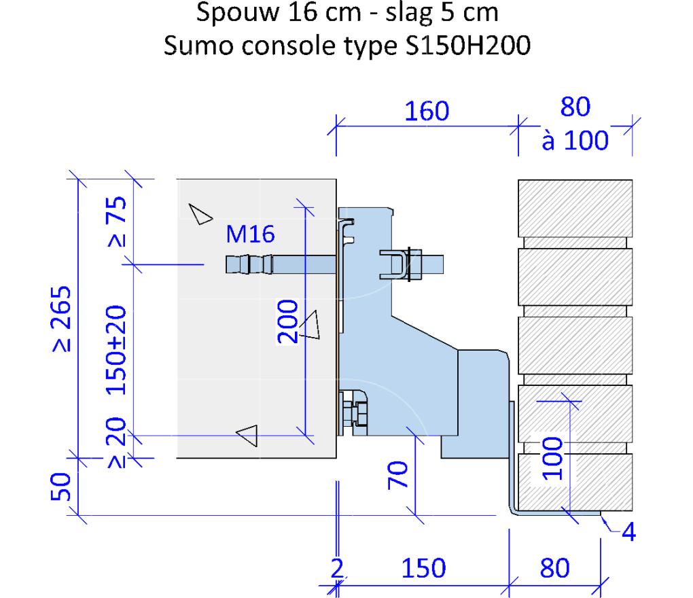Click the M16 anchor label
[x=250, y=234]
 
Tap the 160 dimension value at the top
[x=427, y=111]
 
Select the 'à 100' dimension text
[x=575, y=141]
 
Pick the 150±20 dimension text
[x=117, y=349]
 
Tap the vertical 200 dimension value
[x=287, y=321]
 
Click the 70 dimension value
[x=397, y=475]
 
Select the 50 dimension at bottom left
[x=60, y=487]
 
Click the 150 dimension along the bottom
[x=423, y=568]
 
